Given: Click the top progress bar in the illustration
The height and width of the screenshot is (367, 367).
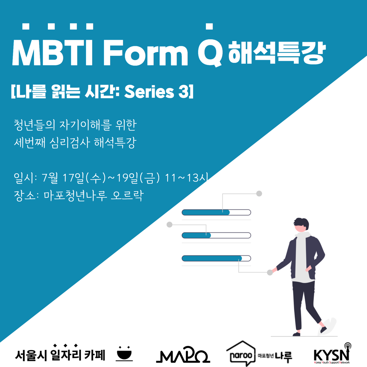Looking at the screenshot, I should click(216, 212).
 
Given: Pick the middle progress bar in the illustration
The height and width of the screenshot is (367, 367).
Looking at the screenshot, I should click(216, 235).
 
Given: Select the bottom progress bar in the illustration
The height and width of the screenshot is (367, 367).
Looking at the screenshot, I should click(216, 258).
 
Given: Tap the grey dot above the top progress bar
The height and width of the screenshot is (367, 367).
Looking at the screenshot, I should click(259, 194).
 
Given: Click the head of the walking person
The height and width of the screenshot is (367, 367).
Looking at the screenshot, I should click(301, 224).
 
